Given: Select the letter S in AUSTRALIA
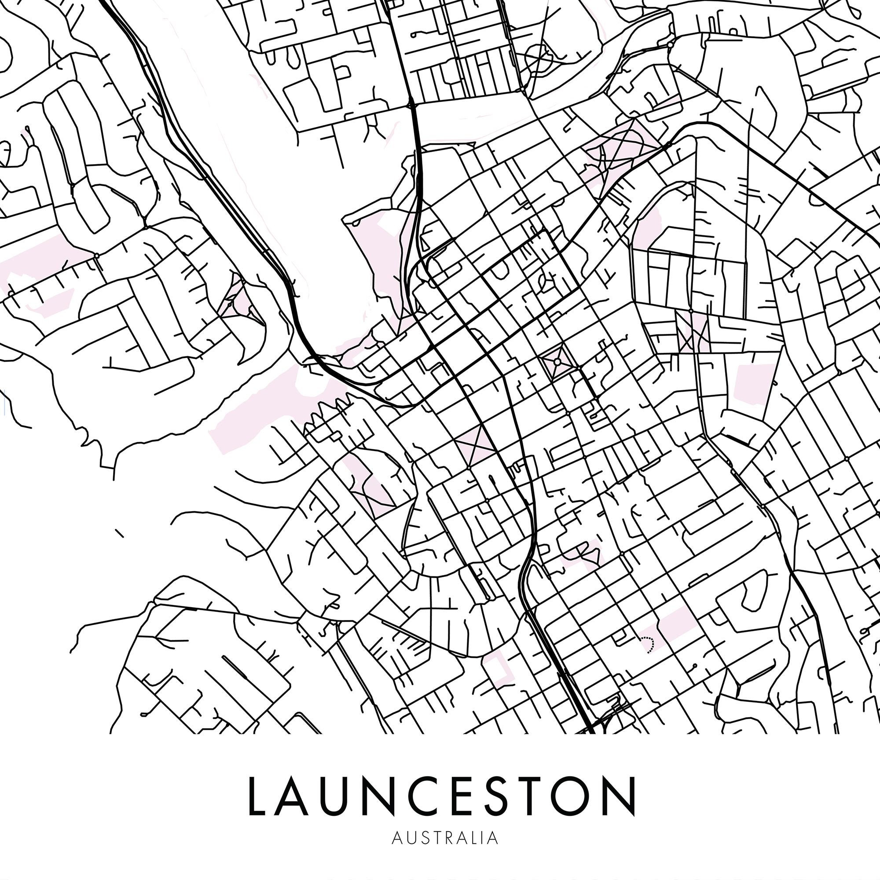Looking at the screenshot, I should pyautogui.click(x=425, y=838).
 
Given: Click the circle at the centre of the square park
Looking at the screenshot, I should pyautogui.click(x=557, y=361).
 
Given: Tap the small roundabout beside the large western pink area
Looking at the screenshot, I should pyautogui.click(x=96, y=256).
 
